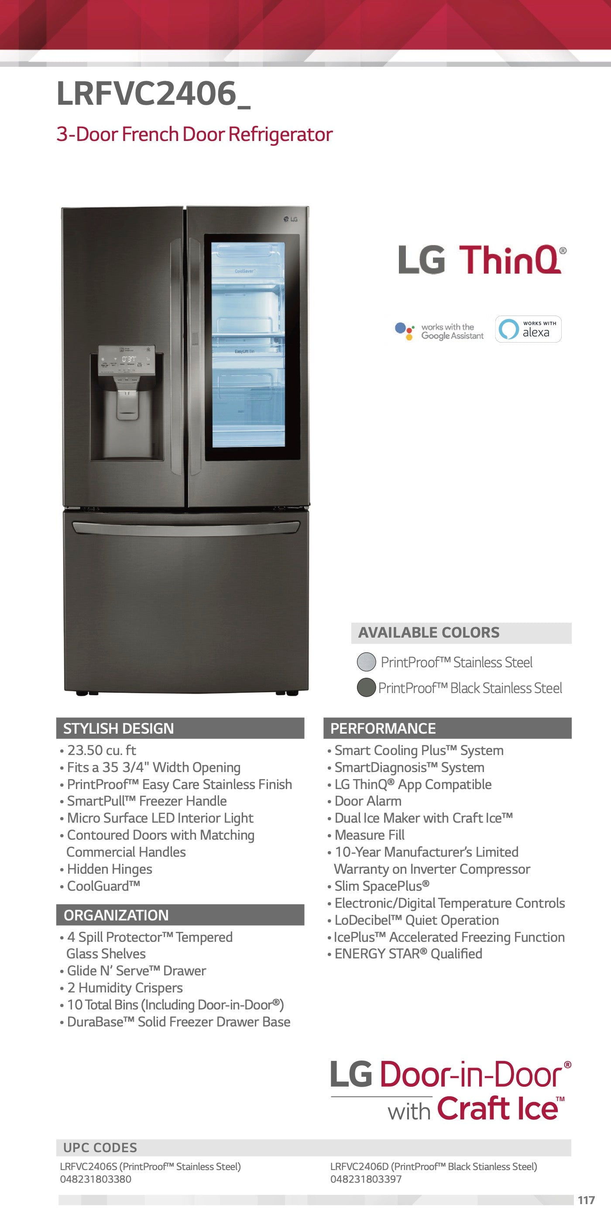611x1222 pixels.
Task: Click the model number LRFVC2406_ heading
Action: pos(153,93)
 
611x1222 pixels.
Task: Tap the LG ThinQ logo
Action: pos(482,260)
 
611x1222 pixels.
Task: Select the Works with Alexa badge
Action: pos(528,329)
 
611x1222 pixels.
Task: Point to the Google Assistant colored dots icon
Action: pos(404,330)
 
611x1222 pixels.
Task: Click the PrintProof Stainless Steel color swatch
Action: pos(366,662)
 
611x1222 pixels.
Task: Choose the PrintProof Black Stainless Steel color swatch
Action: pos(366,687)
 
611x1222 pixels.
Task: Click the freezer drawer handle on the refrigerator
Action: pos(185,527)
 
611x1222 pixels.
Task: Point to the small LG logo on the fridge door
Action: pos(290,219)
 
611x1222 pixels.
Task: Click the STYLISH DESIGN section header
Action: pos(119,728)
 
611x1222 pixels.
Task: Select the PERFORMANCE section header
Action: pos(383,728)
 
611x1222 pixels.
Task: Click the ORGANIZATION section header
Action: pos(116,915)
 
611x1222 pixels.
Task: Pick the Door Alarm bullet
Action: pos(367,801)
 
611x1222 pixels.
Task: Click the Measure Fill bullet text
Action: pos(369,835)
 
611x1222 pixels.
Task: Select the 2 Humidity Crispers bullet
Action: pos(125,988)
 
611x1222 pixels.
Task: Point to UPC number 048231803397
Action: pos(366,1179)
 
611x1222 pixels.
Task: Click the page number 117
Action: pos(586,1200)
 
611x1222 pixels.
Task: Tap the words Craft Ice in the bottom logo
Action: pos(497,1109)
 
